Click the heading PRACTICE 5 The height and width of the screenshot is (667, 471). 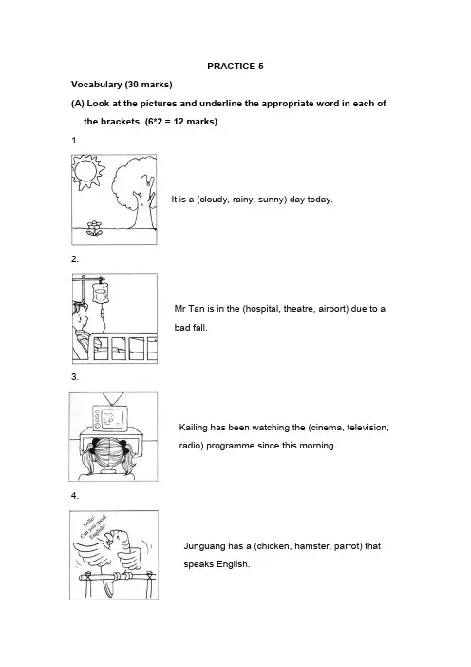[235, 66]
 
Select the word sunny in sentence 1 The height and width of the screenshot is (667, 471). [272, 200]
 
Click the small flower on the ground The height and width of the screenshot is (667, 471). [94, 228]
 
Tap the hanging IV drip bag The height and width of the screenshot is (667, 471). [101, 294]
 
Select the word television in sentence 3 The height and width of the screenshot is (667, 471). [367, 428]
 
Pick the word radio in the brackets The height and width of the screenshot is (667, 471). [188, 446]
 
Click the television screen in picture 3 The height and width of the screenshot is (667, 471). [114, 418]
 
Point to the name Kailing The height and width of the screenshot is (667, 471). [194, 428]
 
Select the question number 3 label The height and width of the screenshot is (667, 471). [75, 377]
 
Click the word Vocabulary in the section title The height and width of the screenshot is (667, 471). [97, 85]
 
